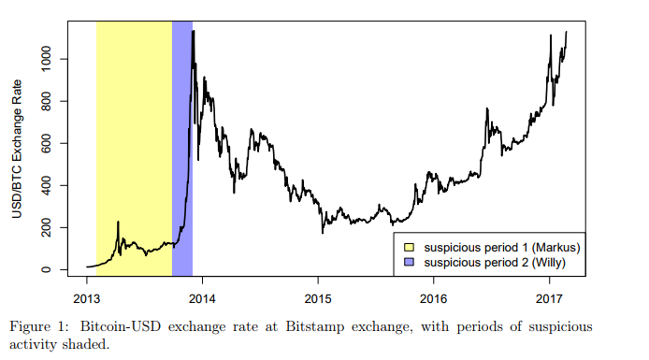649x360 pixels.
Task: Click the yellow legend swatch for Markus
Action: (x=408, y=247)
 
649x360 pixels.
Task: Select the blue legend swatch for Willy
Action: (x=408, y=264)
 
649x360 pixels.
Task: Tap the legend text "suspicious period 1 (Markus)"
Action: (x=502, y=247)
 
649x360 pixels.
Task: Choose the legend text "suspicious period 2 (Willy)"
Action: (x=495, y=264)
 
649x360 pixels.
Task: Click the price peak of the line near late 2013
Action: (x=194, y=32)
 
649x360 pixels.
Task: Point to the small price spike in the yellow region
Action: (x=118, y=223)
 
